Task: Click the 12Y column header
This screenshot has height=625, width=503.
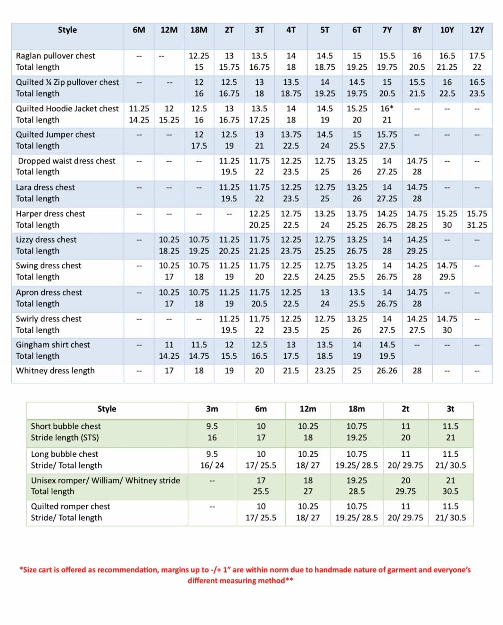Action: coord(477,30)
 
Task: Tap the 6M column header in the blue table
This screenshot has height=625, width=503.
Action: coord(139,30)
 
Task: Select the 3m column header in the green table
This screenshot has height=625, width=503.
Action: coord(212,409)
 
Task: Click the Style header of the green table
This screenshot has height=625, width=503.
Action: coord(107,409)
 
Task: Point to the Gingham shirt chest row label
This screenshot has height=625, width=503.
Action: coord(53,345)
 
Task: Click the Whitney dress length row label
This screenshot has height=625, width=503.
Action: coord(55,370)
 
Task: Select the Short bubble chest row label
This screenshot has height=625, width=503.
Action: coord(66,426)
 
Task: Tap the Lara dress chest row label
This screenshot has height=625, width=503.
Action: coord(45,187)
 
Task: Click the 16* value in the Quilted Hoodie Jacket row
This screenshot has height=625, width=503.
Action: coord(387,108)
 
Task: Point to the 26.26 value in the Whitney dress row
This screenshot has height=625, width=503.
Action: coord(387,370)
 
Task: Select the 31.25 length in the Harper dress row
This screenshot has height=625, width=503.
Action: coord(477,225)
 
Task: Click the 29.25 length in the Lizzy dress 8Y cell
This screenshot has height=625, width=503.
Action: coord(417,251)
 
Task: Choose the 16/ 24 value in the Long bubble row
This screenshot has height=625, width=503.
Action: coord(212,465)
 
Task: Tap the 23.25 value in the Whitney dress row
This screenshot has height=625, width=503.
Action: coord(325,370)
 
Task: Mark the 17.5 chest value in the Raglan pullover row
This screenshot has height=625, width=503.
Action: coord(477,56)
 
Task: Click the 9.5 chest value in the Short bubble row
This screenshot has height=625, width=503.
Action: coord(212,426)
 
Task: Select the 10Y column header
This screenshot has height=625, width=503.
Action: coord(447,30)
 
